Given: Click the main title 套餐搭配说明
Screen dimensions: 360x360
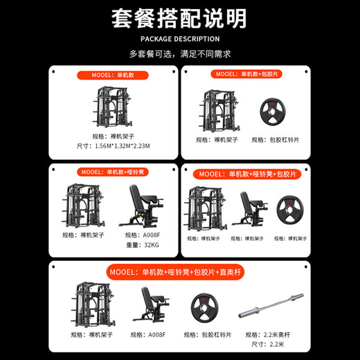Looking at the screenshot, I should pos(179,18).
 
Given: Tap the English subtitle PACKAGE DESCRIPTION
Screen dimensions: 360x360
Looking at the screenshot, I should pos(179,39).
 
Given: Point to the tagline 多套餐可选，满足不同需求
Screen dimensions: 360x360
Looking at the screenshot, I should pos(179,53).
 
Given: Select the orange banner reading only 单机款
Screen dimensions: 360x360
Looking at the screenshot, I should pos(112,74).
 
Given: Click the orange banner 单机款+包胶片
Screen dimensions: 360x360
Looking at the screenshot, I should pos(247,74).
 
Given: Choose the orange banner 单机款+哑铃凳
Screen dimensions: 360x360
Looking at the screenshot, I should pos(112,171).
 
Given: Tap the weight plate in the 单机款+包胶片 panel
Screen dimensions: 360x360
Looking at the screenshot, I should pos(269,111).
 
